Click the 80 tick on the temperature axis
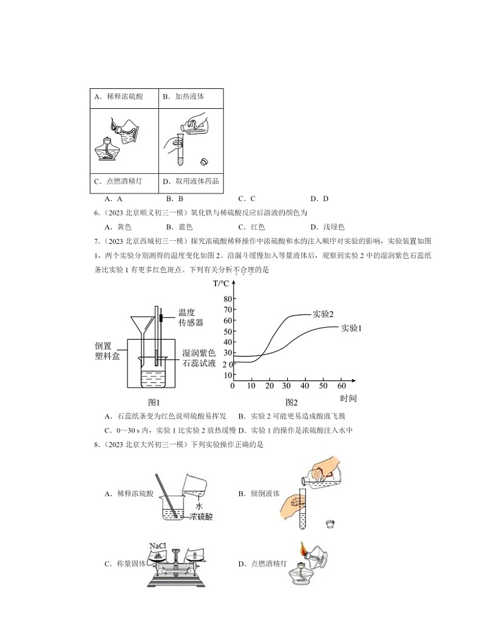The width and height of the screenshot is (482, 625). coord(228,299)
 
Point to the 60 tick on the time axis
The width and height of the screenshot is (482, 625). coord(341,386)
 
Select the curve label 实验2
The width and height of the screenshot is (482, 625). coord(323,314)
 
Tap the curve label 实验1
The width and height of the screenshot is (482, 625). coord(351,328)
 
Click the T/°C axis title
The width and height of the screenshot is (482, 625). coord(221,283)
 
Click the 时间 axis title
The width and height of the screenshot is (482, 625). coord(348,398)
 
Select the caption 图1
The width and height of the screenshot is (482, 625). coord(154,402)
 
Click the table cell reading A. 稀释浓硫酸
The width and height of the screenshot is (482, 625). coord(119,97)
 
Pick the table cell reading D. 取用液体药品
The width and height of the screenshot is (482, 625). coord(190,181)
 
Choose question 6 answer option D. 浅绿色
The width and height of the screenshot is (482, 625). coord(328,227)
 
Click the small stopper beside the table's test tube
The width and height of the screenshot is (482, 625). coord(205,162)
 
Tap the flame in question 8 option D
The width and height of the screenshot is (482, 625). coord(301,551)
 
